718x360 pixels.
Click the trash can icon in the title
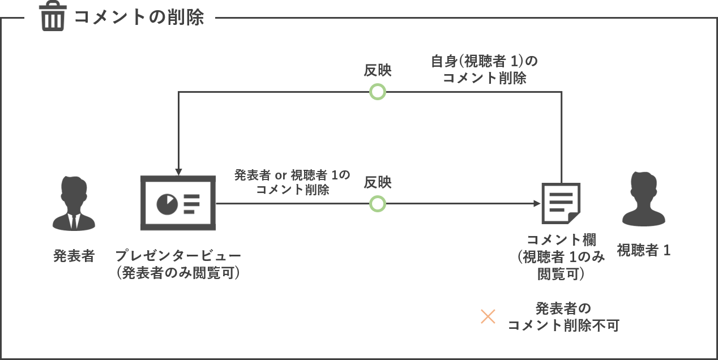coord(53,16)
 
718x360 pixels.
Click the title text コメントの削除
coord(139,17)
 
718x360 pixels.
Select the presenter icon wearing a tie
coord(74,203)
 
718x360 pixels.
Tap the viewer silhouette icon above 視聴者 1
coord(644,199)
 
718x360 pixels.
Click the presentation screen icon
coord(178,203)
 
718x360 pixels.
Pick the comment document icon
coord(561,203)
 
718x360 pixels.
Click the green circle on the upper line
coord(378,92)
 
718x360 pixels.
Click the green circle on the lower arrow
coord(378,204)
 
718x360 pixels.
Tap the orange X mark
coord(488,316)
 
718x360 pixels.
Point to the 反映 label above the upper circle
coord(378,70)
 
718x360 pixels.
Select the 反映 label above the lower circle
coord(378,182)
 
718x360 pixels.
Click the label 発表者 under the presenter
coord(74,256)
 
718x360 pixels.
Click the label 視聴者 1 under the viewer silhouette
coord(644,250)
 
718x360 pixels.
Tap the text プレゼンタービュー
coord(178,256)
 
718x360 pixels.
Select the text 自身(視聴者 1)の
coord(484,61)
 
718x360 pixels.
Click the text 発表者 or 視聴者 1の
coord(292,175)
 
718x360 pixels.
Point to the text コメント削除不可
coord(563,325)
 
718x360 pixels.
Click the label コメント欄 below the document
coord(562,239)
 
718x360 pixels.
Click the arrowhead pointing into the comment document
coord(537,203)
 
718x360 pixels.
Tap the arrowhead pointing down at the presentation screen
coord(178,172)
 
